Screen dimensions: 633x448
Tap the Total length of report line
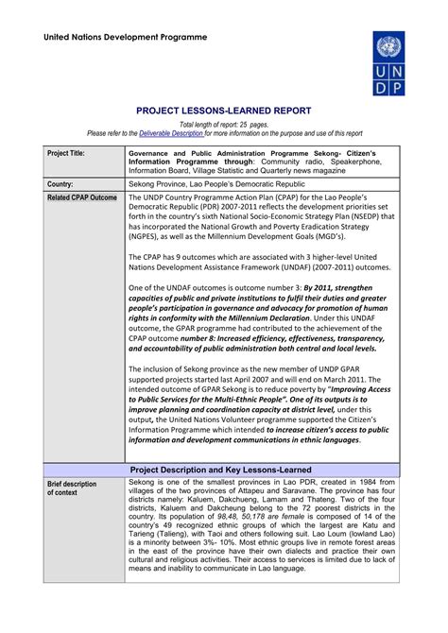[x=223, y=125]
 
